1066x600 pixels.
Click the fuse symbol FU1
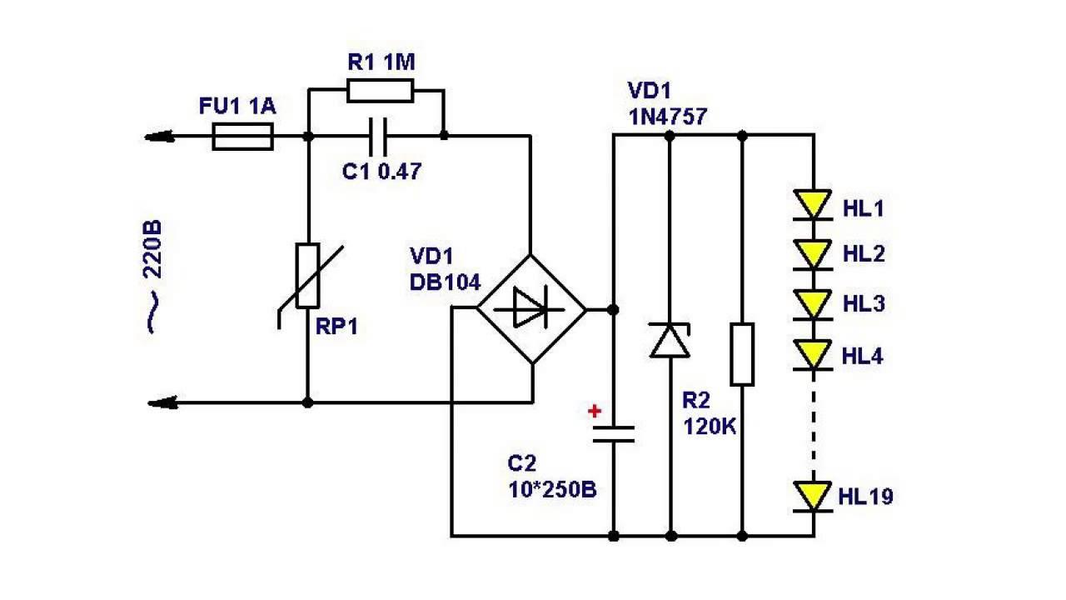(x=243, y=136)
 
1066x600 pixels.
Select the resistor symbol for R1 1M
(x=380, y=90)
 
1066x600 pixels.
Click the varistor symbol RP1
(x=307, y=275)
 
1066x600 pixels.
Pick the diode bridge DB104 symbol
(x=531, y=309)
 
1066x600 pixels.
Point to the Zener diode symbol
(x=670, y=340)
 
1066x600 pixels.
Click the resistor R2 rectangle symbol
(x=742, y=354)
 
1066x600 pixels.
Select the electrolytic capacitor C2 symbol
(x=614, y=433)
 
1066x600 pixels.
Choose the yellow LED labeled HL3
(x=813, y=302)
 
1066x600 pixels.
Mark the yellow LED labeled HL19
(x=813, y=496)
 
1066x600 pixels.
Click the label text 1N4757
(x=668, y=117)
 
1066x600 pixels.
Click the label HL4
(x=863, y=357)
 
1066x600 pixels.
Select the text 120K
(x=710, y=426)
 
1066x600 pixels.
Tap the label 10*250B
(x=552, y=489)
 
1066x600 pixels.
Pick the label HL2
(x=864, y=255)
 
